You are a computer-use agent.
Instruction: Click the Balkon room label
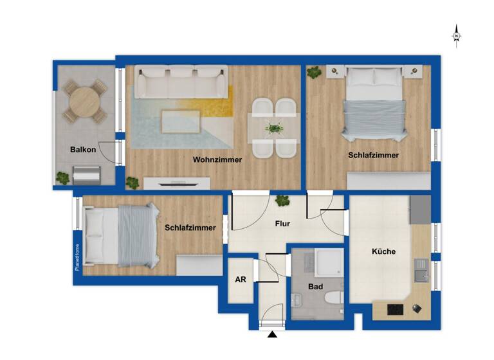point(83,150)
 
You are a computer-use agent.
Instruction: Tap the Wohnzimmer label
point(217,160)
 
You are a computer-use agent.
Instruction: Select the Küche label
point(383,251)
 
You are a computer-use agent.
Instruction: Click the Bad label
point(315,287)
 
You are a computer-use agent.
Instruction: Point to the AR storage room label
point(241,280)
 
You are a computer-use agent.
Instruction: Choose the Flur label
point(282,224)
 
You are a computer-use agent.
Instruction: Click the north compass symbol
point(456,35)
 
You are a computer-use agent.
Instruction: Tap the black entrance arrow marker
point(273,334)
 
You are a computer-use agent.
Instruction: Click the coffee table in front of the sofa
point(179,120)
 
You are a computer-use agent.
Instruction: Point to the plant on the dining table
point(275,128)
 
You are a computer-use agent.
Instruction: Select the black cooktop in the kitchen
point(396,309)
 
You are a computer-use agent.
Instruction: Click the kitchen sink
point(421,276)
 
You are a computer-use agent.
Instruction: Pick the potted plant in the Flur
point(282,201)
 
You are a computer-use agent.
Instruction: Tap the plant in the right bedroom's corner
point(315,73)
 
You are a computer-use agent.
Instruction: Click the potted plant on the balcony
point(63,177)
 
